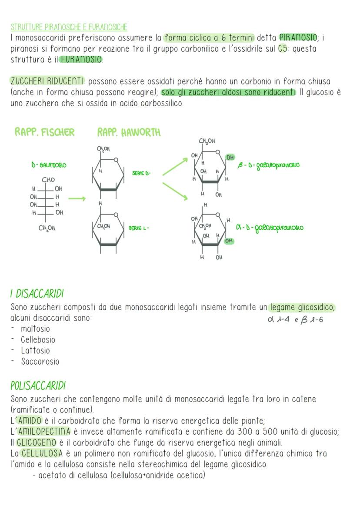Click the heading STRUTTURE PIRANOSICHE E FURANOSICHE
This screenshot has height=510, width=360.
(x=69, y=27)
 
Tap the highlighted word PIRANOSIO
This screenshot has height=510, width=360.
(x=298, y=38)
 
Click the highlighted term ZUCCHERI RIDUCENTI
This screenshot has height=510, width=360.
(x=47, y=81)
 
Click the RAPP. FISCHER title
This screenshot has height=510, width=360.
(x=44, y=132)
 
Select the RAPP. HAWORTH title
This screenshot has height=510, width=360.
(x=129, y=132)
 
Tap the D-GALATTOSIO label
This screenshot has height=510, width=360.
(x=49, y=165)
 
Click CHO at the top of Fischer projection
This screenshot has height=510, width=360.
(x=48, y=180)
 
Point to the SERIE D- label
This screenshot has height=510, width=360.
(x=142, y=173)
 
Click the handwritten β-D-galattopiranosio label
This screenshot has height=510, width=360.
(x=268, y=165)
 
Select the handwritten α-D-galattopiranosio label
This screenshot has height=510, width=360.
(x=270, y=228)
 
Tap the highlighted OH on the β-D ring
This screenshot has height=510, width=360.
(x=230, y=158)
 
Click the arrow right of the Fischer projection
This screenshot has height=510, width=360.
(x=77, y=199)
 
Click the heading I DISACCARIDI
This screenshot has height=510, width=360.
(x=37, y=294)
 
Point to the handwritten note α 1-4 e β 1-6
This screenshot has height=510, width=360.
(x=295, y=320)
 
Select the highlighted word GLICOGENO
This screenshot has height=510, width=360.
(x=37, y=443)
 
